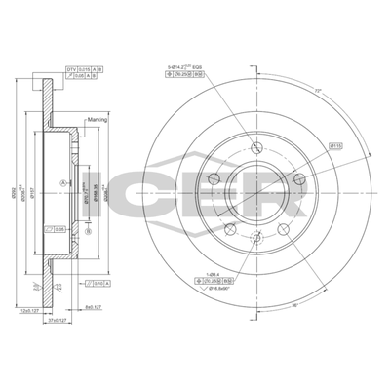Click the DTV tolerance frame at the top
[84, 69]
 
